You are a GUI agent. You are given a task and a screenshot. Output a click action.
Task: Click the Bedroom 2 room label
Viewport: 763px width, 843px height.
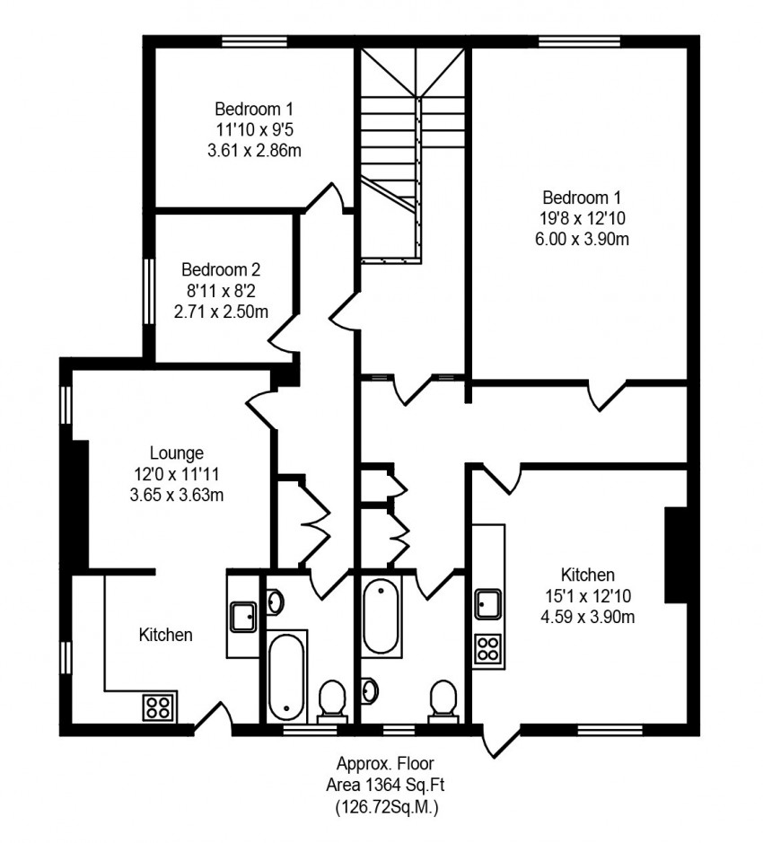(x=221, y=269)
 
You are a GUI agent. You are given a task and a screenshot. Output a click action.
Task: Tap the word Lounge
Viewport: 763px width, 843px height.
(x=176, y=453)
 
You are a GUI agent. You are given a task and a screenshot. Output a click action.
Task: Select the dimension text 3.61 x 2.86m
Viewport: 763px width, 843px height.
(x=254, y=151)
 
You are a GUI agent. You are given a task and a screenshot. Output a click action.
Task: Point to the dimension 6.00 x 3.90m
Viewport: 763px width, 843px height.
(x=582, y=239)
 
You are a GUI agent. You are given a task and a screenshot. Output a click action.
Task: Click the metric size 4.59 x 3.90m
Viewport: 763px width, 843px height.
(x=587, y=617)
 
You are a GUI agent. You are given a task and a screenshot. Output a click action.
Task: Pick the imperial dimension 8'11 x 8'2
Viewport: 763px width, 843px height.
(x=221, y=291)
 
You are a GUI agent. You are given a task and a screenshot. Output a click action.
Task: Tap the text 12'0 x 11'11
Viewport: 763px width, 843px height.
(x=176, y=474)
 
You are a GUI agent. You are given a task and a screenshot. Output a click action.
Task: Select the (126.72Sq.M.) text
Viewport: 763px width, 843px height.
(x=386, y=807)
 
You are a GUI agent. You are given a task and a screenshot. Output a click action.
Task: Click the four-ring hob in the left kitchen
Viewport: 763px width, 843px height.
(x=159, y=708)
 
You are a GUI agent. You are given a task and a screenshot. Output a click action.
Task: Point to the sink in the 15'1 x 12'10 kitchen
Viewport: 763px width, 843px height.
(x=488, y=604)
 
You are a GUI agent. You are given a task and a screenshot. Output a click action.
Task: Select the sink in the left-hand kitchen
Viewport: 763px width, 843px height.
(x=243, y=616)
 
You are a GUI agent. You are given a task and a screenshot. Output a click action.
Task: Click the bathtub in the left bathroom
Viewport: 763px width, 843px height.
(x=286, y=676)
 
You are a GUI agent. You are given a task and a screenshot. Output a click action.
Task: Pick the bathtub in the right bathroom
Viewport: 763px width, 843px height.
(x=381, y=616)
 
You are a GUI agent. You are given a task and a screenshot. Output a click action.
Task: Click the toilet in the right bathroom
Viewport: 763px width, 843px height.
(x=443, y=700)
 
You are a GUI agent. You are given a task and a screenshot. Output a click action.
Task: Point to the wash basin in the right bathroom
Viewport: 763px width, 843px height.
(x=370, y=691)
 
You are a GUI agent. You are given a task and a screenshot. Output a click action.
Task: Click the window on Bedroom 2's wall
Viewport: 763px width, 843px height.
(x=149, y=291)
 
